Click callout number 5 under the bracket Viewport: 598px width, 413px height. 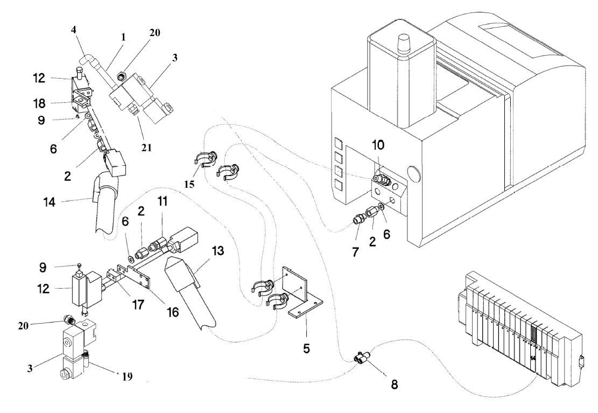click(x=306, y=348)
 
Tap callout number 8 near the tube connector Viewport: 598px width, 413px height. click(x=394, y=384)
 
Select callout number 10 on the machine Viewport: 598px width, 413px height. click(x=378, y=145)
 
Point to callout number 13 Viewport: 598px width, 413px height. click(x=218, y=251)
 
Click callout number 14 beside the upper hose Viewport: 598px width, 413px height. click(x=49, y=202)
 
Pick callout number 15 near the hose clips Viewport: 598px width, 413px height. click(x=189, y=184)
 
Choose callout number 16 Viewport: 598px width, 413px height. click(x=172, y=312)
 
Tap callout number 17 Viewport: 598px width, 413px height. click(x=138, y=304)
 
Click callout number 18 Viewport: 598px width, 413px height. click(x=39, y=103)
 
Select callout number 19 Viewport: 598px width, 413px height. click(x=127, y=376)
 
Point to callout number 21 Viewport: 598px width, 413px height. click(x=146, y=148)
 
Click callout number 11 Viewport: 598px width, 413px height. click(x=163, y=201)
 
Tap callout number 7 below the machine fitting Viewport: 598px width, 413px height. click(x=355, y=251)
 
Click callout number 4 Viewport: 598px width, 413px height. click(x=74, y=30)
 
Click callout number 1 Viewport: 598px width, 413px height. click(x=123, y=37)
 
